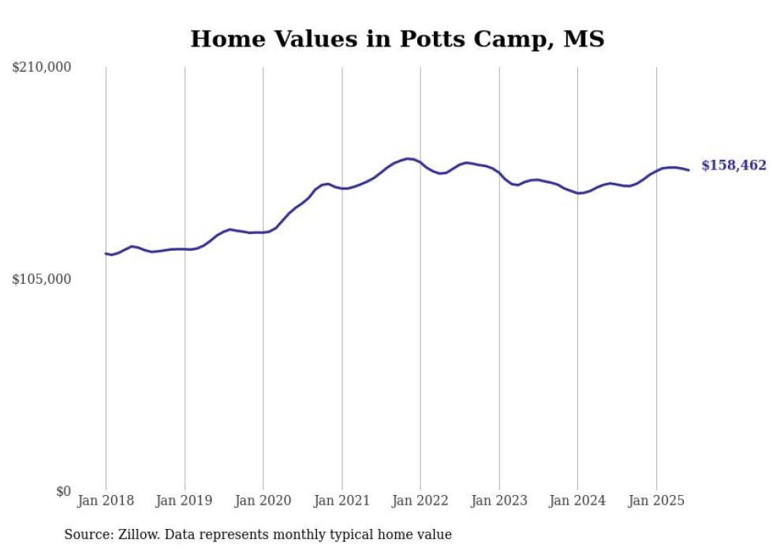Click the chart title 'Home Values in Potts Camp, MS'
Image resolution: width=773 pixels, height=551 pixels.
397,39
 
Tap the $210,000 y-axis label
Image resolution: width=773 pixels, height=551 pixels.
42,68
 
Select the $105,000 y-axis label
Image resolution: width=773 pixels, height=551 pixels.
42,279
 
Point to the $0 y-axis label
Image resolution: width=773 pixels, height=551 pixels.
63,491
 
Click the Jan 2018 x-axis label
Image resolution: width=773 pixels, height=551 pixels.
106,501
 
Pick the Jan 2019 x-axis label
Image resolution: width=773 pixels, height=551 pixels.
185,501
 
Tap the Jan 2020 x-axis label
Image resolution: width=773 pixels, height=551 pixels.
263,501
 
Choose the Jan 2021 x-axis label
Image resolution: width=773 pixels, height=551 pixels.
342,501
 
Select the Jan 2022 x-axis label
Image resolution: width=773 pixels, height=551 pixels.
420,501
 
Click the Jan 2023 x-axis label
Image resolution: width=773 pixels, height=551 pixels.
499,501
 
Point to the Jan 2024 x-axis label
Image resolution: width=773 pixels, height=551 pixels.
577,501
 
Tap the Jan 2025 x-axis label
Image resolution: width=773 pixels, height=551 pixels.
656,501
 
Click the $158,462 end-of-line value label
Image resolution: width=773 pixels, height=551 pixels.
734,166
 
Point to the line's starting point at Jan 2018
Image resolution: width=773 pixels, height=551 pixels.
106,253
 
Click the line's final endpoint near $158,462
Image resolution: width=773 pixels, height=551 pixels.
689,170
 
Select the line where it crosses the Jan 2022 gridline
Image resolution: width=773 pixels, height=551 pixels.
420,162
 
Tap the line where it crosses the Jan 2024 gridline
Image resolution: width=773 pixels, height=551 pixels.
577,193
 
